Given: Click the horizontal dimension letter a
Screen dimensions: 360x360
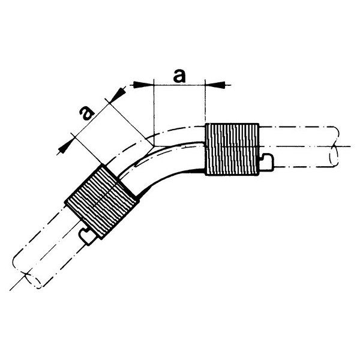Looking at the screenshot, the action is (x=179, y=76).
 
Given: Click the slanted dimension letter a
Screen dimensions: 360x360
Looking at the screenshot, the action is (x=86, y=113).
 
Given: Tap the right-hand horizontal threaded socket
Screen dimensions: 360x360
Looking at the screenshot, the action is (x=232, y=149).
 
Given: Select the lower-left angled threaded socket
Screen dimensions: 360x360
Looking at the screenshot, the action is (x=102, y=201).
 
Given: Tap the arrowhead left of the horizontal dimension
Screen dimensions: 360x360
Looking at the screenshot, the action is (x=144, y=85).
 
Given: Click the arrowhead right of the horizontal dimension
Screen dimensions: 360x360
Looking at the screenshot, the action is (x=215, y=85).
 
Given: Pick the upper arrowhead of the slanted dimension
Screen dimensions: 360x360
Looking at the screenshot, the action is (x=118, y=95).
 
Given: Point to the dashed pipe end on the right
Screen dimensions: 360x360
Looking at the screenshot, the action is (x=334, y=146).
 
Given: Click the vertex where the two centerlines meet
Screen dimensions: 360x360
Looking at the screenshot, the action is (x=154, y=146).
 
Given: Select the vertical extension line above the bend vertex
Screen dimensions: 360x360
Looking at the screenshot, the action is (x=154, y=113).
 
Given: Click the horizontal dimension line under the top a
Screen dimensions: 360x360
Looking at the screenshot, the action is (x=179, y=85).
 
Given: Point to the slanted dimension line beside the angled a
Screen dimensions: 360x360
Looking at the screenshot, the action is (x=91, y=120).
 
